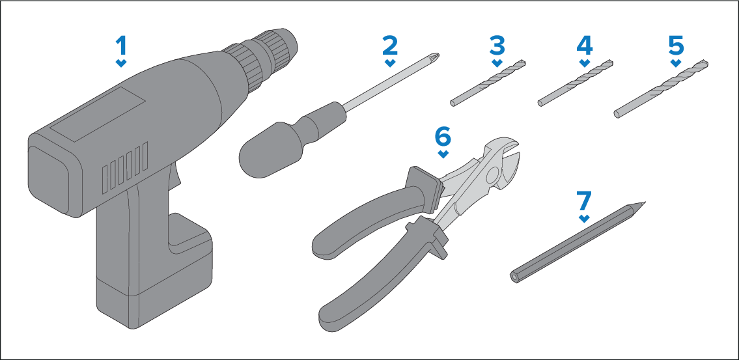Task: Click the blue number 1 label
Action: coord(122,46)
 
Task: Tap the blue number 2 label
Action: coord(390,46)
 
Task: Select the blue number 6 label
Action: coord(443,137)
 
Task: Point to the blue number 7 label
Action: coord(584,201)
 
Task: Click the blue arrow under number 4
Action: coord(585,62)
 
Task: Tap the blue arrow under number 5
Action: coord(676,62)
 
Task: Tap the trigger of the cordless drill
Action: coord(174,176)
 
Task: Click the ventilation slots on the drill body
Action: coord(126,167)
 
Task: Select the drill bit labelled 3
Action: coord(487,83)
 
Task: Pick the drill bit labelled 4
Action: coord(576,83)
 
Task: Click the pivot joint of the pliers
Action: coord(491,175)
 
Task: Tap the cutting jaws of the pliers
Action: coord(507,163)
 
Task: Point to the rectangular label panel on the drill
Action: coord(98,114)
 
